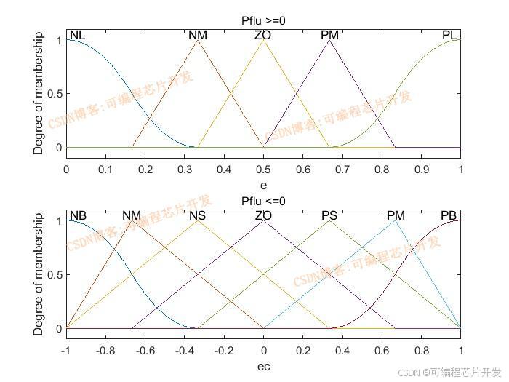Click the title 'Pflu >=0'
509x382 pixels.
pos(263,21)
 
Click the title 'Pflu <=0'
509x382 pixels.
pos(263,201)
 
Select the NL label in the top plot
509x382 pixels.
pos(77,35)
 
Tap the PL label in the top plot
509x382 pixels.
pos(449,35)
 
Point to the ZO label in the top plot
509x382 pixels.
pos(263,35)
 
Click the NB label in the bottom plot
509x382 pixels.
pos(78,215)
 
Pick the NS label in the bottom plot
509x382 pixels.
pos(198,215)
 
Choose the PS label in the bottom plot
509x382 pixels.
pos(329,215)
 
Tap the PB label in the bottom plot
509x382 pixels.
pos(449,215)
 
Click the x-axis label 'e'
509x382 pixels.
pos(263,186)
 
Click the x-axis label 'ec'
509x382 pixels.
pos(263,366)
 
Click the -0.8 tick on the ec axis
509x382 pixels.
pos(105,349)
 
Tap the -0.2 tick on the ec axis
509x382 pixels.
pos(224,349)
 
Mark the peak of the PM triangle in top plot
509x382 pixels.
pos(329,39)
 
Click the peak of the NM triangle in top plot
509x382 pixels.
pos(198,39)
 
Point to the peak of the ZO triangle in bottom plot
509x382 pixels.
pos(263,220)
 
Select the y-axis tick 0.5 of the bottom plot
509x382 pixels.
pos(55,274)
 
